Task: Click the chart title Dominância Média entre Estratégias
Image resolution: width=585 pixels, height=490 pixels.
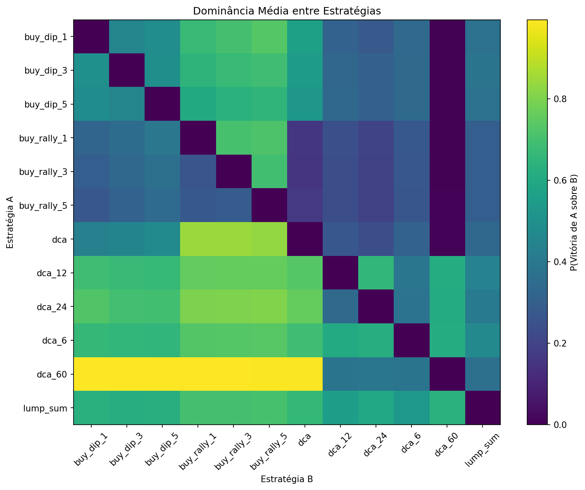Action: coord(287,11)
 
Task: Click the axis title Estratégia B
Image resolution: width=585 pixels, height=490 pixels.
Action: coord(287,479)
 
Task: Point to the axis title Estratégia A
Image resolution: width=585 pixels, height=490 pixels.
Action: coord(10,222)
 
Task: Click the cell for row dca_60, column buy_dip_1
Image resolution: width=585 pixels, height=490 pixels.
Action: coord(91,374)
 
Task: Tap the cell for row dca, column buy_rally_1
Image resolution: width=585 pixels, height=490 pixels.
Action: coord(198,239)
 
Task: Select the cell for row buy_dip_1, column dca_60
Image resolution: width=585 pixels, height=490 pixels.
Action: coord(447,36)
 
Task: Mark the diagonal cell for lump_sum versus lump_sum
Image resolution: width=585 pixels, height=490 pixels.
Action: coord(482,408)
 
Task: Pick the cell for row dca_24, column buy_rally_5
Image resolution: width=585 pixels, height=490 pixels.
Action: coord(269,307)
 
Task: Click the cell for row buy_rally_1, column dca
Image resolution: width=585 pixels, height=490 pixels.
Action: coord(304,138)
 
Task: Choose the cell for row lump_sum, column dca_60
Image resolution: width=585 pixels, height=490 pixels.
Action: coord(447,408)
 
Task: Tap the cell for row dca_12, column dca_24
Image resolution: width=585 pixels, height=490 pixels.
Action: coord(376,273)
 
